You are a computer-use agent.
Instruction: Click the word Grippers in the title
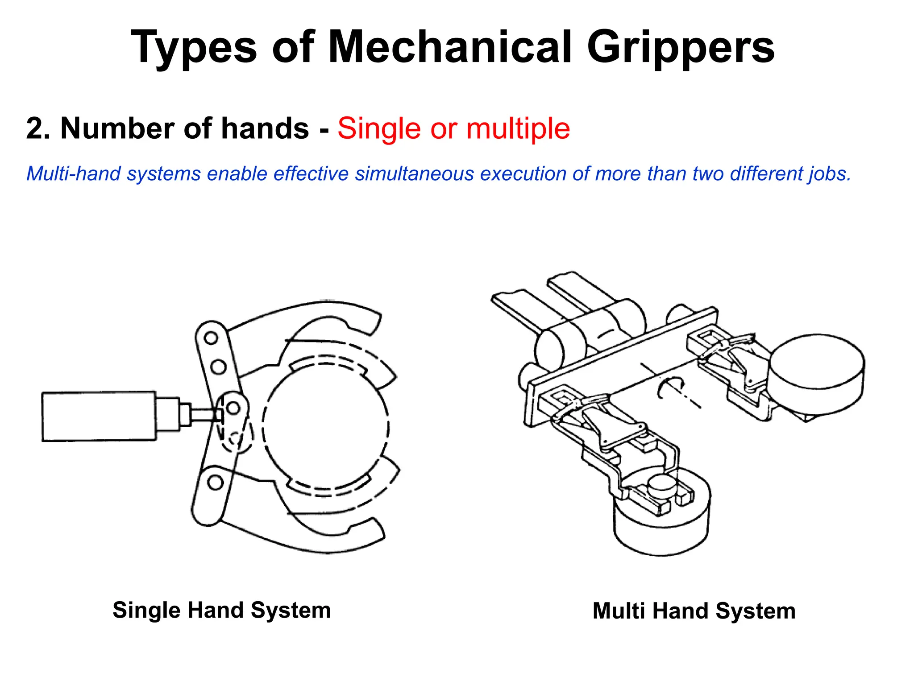coord(680,47)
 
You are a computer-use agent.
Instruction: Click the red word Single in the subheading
coord(379,129)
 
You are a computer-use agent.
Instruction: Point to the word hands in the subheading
coord(265,128)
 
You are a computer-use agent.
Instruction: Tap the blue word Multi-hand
coord(73,173)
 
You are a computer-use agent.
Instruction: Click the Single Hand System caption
coord(221,610)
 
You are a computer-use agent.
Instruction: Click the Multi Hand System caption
coord(694,611)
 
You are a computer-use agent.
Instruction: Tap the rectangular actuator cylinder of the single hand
coord(99,417)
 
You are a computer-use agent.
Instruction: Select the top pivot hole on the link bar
coord(211,338)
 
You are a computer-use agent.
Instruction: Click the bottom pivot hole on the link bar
coord(215,482)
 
